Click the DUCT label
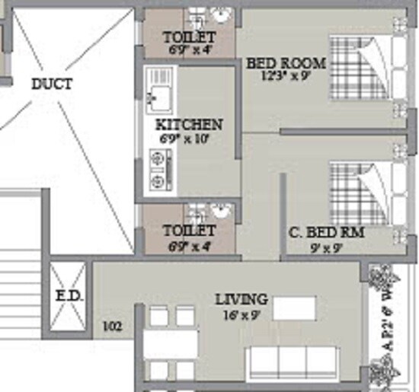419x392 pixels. coord(52,84)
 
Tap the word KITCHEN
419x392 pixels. coord(189,125)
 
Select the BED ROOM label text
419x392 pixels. coord(286,63)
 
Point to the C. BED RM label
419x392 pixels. coord(326,232)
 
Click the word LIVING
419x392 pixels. coord(241,299)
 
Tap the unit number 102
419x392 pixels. coord(112,327)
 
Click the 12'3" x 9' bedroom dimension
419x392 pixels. coord(286,76)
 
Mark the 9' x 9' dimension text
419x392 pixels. coord(325,247)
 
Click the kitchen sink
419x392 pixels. coord(159,91)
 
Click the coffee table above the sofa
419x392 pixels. coord(294,308)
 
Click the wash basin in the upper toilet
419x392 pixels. coord(222,16)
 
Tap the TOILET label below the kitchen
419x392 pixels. coord(189,230)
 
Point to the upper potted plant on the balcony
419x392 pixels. coord(379,279)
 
